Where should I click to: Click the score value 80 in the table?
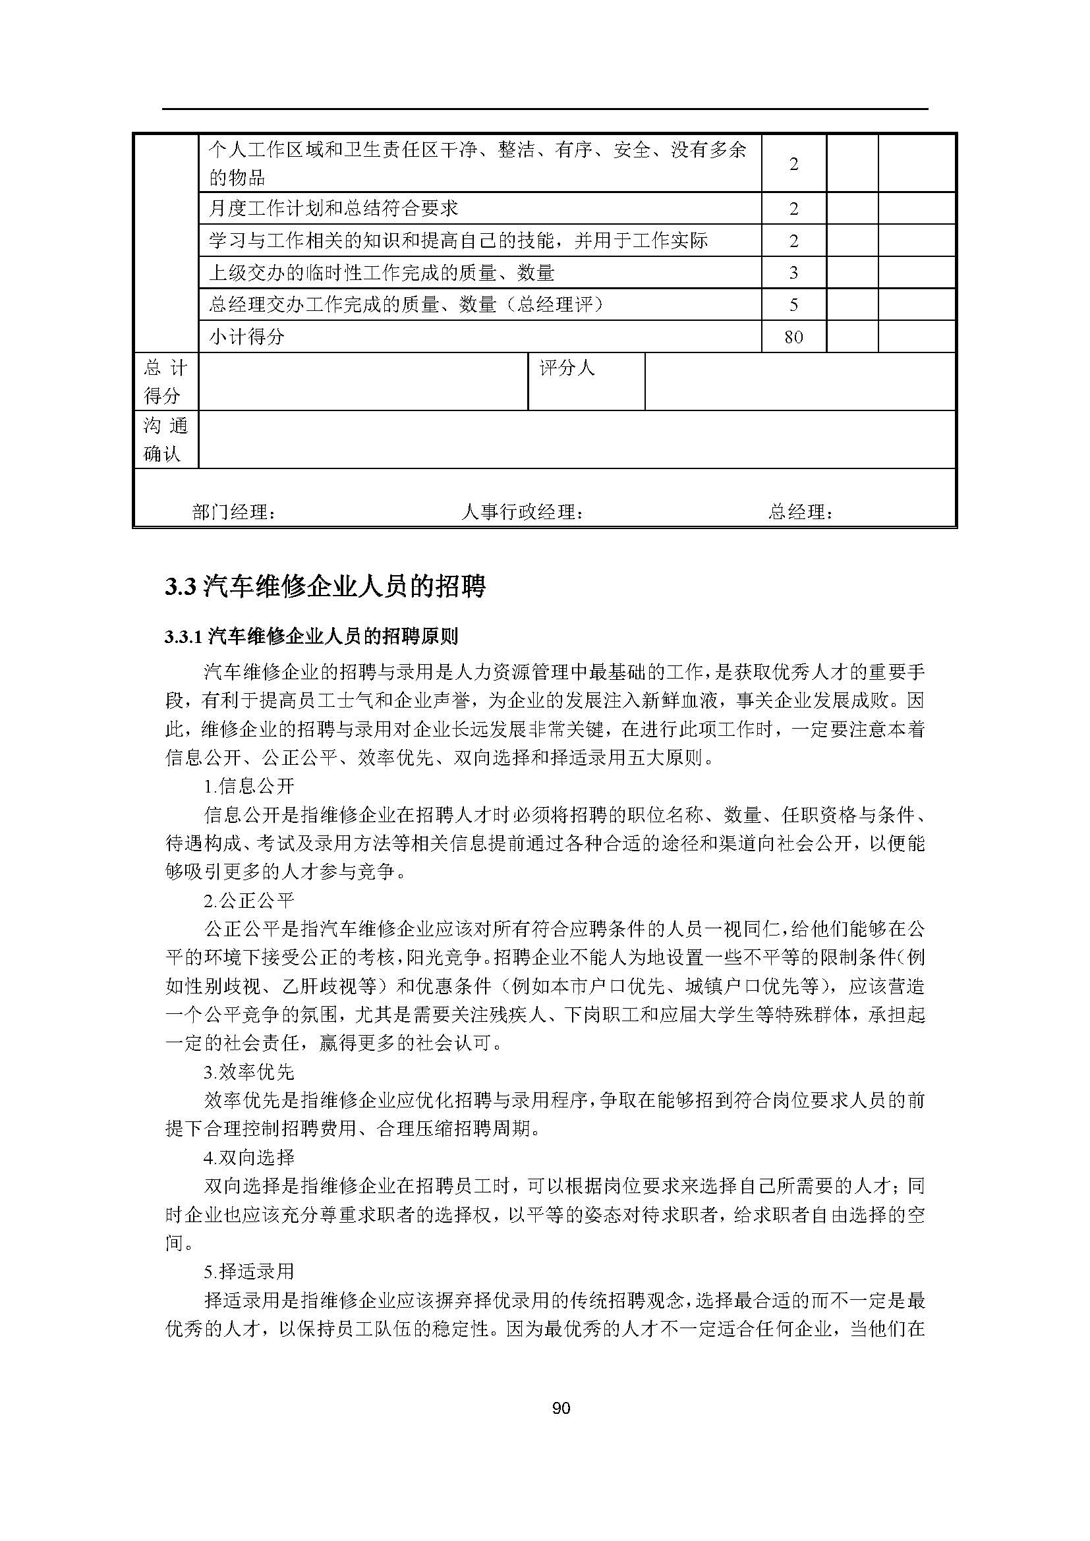click(x=793, y=336)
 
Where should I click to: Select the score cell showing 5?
click(x=793, y=305)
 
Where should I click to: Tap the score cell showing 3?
click(x=793, y=273)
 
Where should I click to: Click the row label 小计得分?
click(x=246, y=336)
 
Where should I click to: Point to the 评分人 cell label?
click(x=567, y=368)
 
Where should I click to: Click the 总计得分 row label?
click(x=165, y=381)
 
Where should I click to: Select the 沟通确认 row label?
click(x=165, y=439)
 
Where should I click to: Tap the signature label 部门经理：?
click(x=233, y=512)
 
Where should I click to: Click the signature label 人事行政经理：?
click(x=522, y=512)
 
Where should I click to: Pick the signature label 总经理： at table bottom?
click(x=801, y=512)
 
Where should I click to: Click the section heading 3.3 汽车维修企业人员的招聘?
click(x=325, y=586)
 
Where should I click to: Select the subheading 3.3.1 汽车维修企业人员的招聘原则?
click(x=312, y=636)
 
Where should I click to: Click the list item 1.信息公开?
click(x=249, y=786)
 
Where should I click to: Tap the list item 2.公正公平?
click(x=249, y=900)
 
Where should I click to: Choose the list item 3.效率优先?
click(x=249, y=1072)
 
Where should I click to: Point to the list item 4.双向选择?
click(x=249, y=1158)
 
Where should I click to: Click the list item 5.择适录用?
click(x=249, y=1272)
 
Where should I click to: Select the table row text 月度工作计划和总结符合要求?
click(x=333, y=208)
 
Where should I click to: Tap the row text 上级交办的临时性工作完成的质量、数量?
click(x=382, y=273)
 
